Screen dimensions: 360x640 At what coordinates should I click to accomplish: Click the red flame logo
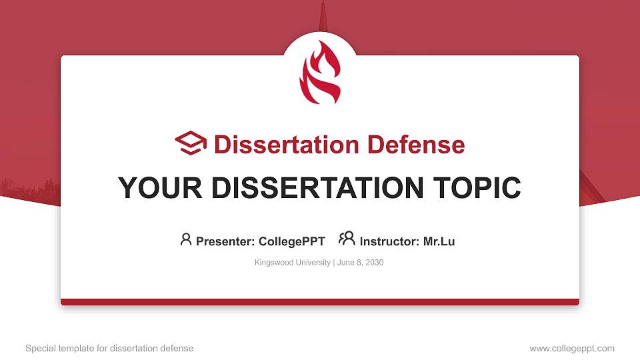pos(320,73)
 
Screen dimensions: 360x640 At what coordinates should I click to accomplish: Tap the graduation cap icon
pos(191,143)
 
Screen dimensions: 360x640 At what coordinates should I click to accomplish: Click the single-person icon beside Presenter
pos(186,239)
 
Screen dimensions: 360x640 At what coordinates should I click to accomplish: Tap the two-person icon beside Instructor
pos(347,239)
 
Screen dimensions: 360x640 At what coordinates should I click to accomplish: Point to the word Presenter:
pos(223,241)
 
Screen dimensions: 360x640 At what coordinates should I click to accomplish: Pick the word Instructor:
pos(389,241)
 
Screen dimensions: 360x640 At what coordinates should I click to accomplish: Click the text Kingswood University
pos(292,263)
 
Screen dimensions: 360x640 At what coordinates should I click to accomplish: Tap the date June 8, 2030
pos(360,263)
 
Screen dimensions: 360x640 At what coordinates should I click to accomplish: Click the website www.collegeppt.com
pos(572,348)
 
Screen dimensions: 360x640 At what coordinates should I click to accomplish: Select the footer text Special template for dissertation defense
pos(109,348)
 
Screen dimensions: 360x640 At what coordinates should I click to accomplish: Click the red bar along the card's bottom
pos(320,302)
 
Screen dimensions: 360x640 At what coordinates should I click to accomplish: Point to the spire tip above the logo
pos(323,5)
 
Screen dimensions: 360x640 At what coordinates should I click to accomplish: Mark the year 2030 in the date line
pos(374,263)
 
